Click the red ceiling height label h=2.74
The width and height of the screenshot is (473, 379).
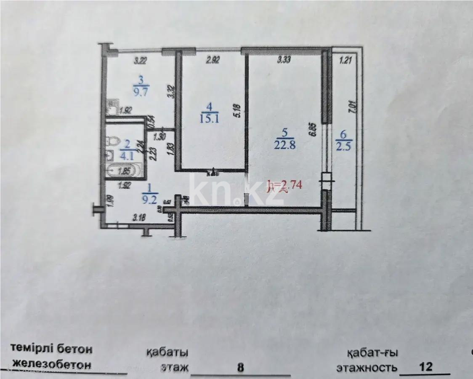[x=285, y=185]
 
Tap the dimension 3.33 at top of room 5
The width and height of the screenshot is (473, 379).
[x=284, y=61]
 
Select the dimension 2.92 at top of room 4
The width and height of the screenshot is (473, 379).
[x=213, y=61]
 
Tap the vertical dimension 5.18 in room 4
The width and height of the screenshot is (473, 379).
[x=239, y=111]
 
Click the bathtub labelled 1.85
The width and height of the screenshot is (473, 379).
[x=125, y=171]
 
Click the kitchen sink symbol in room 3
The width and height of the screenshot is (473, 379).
[x=112, y=108]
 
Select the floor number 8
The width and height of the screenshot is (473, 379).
[x=241, y=367]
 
